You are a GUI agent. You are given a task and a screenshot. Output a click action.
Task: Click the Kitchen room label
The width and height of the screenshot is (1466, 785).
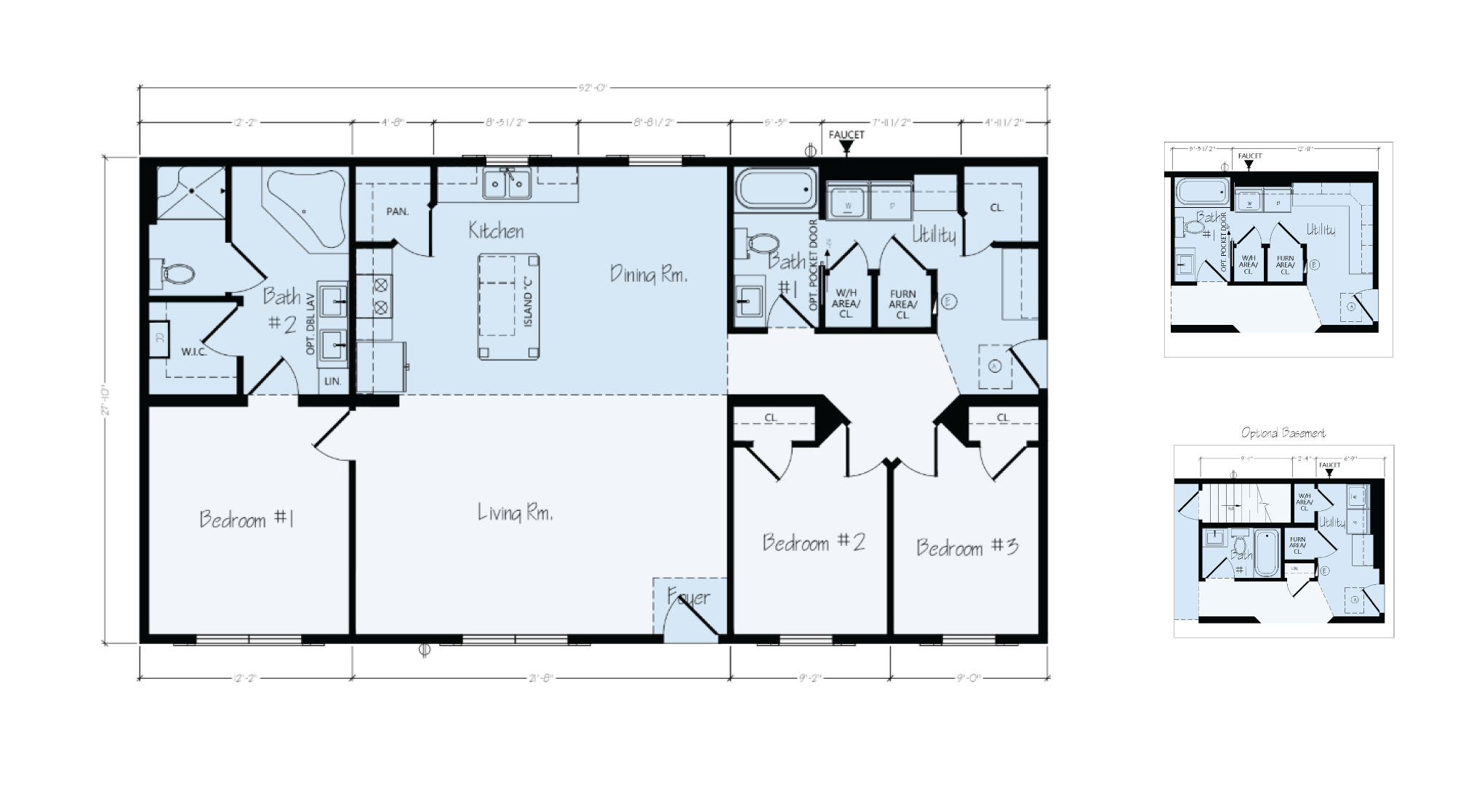496,231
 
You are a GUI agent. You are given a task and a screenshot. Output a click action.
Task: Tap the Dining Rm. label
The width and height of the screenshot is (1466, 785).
648,275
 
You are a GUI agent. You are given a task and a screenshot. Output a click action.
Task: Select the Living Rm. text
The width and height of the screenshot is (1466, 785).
515,513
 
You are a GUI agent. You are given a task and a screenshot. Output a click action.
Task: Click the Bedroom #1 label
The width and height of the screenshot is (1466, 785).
246,519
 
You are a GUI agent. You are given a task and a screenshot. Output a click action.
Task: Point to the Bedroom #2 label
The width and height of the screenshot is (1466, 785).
813,542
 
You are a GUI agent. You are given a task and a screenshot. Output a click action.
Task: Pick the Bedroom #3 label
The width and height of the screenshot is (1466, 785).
966,547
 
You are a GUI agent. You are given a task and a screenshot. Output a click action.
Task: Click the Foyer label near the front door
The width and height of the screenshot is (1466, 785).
688,597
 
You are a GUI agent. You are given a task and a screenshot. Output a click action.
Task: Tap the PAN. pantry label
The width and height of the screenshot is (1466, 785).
397,212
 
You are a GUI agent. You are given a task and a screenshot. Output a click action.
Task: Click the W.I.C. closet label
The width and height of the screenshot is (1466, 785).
194,352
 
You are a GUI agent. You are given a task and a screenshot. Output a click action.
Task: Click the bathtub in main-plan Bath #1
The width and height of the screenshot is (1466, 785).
775,189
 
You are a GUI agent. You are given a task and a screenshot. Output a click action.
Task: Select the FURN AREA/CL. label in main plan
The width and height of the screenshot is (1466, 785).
902,305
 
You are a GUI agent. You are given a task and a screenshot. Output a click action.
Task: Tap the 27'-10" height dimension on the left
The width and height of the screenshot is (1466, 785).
106,399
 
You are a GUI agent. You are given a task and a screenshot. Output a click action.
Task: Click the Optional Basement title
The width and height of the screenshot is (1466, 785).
1283,433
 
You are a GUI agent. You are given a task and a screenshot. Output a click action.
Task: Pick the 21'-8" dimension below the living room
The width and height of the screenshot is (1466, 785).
540,678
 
